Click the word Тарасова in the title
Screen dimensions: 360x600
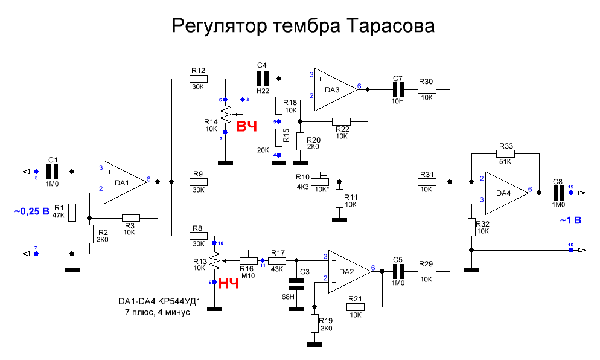pyautogui.click(x=390, y=27)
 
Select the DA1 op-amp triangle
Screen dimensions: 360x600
pyautogui.click(x=124, y=182)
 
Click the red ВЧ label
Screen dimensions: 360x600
pyautogui.click(x=246, y=127)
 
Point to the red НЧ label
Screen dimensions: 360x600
pyautogui.click(x=229, y=283)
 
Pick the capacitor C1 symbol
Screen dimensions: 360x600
pyautogui.click(x=53, y=172)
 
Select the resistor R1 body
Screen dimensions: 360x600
pyautogui.click(x=72, y=212)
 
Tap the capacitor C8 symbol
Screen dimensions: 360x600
pyautogui.click(x=558, y=192)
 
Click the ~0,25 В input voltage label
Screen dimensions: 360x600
pyautogui.click(x=31, y=212)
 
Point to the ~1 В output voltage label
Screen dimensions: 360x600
pyautogui.click(x=570, y=220)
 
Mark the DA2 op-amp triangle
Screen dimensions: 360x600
pyautogui.click(x=348, y=271)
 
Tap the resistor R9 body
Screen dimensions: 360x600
pyautogui.click(x=199, y=181)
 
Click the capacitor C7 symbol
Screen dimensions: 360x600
pyautogui.click(x=397, y=89)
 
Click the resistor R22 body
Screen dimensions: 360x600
pyautogui.click(x=342, y=121)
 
